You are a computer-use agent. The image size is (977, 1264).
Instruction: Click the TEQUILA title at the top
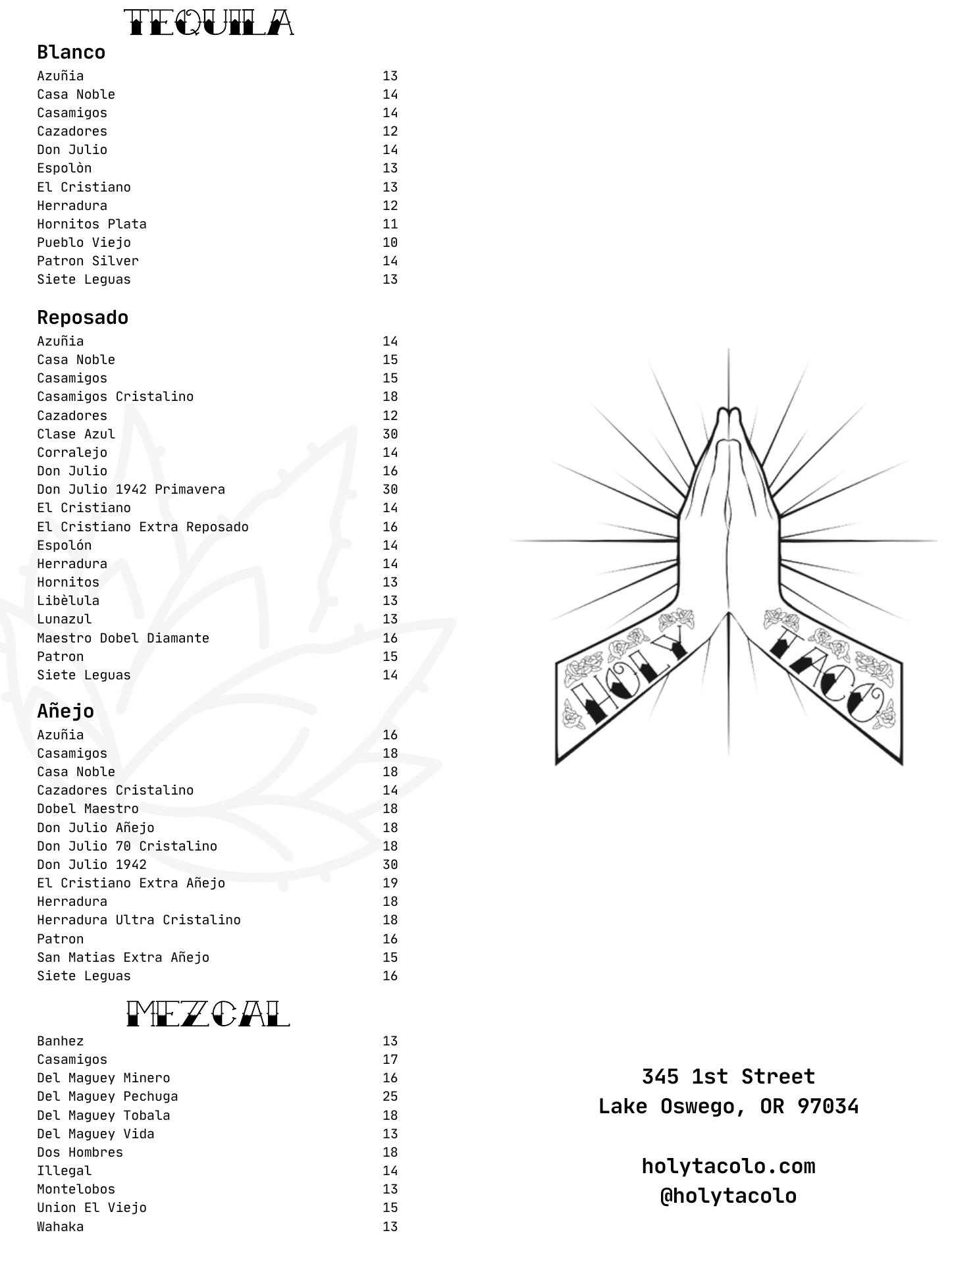[209, 24]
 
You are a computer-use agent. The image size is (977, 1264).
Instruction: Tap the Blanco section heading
[71, 53]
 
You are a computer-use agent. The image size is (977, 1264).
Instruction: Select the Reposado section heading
[82, 318]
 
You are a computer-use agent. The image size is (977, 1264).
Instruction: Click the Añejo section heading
[65, 711]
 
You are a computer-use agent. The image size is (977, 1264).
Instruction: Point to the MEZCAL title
[208, 1014]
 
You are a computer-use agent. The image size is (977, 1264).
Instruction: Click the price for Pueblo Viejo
[390, 243]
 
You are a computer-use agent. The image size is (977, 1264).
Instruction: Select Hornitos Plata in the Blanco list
[92, 224]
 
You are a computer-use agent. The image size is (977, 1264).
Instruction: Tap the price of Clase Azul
[390, 434]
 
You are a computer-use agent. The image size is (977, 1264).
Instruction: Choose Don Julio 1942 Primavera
[131, 490]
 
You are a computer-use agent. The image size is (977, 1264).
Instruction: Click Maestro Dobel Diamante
[123, 639]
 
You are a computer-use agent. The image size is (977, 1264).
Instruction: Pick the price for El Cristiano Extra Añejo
[390, 883]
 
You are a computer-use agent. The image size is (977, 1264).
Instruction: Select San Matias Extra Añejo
[123, 958]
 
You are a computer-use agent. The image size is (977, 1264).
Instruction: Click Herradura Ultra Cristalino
[139, 920]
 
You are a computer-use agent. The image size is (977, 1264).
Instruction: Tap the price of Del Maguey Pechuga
[390, 1097]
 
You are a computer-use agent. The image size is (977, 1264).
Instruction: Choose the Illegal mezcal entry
[64, 1171]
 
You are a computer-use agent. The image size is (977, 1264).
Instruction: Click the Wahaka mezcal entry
[60, 1227]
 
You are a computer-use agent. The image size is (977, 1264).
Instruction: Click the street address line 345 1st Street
[728, 1077]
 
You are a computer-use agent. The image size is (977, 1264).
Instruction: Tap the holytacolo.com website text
[728, 1167]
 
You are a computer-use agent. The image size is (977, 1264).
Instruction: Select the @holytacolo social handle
[728, 1196]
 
